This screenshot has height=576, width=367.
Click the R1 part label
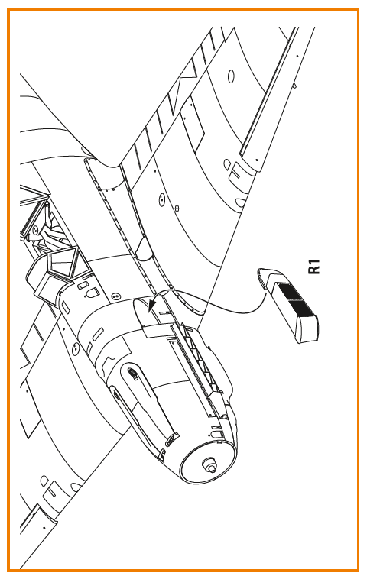pos(314,267)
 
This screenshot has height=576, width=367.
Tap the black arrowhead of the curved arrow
pos(152,305)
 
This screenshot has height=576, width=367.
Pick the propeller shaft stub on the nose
pos(209,464)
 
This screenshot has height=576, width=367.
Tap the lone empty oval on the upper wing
pos(231,76)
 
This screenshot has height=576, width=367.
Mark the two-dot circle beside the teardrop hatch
pos(116,295)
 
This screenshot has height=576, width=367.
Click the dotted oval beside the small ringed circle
pos(161,200)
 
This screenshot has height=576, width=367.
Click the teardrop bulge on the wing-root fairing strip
pos(145,251)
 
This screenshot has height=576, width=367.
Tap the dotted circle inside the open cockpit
pos(36,230)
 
